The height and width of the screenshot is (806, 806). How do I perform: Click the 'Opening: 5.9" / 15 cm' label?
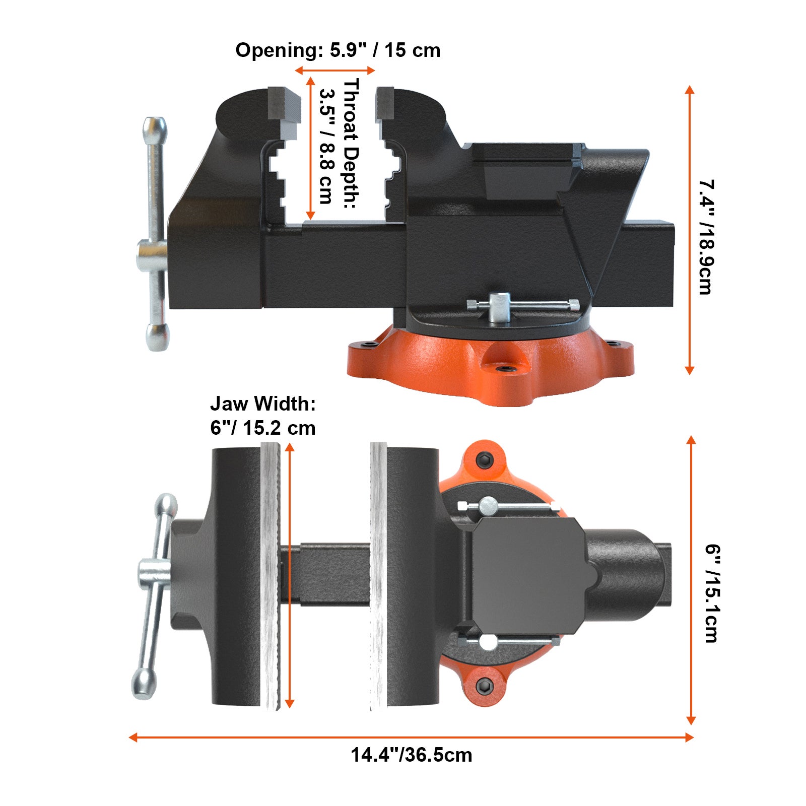click(x=338, y=50)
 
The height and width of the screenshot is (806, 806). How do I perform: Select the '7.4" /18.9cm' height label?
click(x=707, y=237)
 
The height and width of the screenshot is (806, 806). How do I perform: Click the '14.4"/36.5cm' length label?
click(x=411, y=755)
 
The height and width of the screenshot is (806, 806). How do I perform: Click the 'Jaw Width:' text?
click(x=262, y=404)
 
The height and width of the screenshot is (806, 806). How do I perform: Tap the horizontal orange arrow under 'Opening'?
click(x=335, y=71)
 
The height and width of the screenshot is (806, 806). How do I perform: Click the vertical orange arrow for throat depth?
click(x=310, y=149)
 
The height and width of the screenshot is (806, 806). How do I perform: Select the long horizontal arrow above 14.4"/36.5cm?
click(x=411, y=737)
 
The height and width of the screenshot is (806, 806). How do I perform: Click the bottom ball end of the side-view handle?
click(x=157, y=337)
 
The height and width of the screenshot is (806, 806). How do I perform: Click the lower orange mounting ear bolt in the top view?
click(x=485, y=685)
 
